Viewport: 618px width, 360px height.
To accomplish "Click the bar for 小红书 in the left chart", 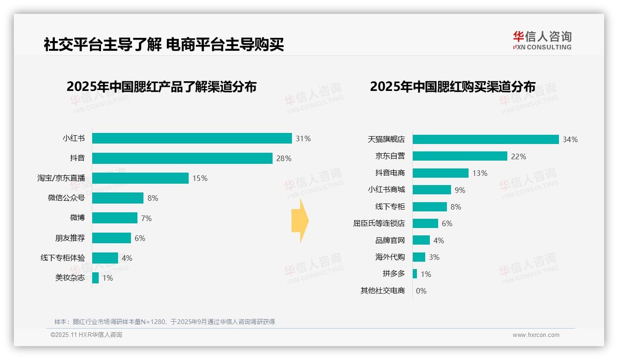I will pos(192,138).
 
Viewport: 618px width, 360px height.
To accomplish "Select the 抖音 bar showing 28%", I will pos(182,158).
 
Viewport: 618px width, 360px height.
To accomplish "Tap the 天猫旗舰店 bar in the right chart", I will pos(486,139).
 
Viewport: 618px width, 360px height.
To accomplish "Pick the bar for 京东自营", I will pos(460,156).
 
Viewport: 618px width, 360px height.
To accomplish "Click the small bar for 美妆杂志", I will pos(95,278).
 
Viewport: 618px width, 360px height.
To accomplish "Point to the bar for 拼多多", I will pos(415,274).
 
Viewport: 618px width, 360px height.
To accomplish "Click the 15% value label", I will pos(200,178).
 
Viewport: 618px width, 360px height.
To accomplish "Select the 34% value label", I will pos(570,139).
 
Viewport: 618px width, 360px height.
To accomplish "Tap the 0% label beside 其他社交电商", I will pos(421,291).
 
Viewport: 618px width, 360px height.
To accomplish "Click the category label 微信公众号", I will pos(66,198).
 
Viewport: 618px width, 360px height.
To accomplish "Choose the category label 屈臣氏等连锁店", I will pos(379,223).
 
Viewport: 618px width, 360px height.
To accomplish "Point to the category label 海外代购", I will pos(390,257).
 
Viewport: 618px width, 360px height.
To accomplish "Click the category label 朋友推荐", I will pos(70,238).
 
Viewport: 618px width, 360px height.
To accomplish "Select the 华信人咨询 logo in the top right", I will pos(542,41).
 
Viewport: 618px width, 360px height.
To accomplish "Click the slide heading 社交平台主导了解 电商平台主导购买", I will pos(164,44).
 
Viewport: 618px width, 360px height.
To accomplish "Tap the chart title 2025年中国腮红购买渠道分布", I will pos(452,87).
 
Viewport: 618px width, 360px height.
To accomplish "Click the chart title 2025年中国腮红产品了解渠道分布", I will pos(161,87).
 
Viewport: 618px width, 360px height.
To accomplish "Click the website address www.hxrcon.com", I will pos(536,335).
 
